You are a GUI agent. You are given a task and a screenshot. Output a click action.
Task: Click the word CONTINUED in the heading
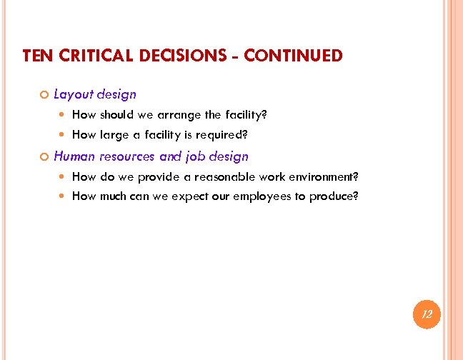coord(293,56)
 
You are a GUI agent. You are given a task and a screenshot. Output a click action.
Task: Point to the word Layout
coord(73,94)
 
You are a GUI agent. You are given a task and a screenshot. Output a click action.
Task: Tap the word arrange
coord(177,114)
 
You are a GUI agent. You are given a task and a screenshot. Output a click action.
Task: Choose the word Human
coord(74,156)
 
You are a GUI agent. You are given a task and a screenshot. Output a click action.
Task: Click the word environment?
coord(323,176)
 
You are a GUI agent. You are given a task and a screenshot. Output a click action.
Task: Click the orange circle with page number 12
coord(427,314)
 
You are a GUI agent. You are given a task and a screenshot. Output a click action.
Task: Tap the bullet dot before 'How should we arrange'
coord(64,115)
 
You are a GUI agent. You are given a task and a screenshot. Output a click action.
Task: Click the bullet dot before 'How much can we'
coord(64,196)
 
